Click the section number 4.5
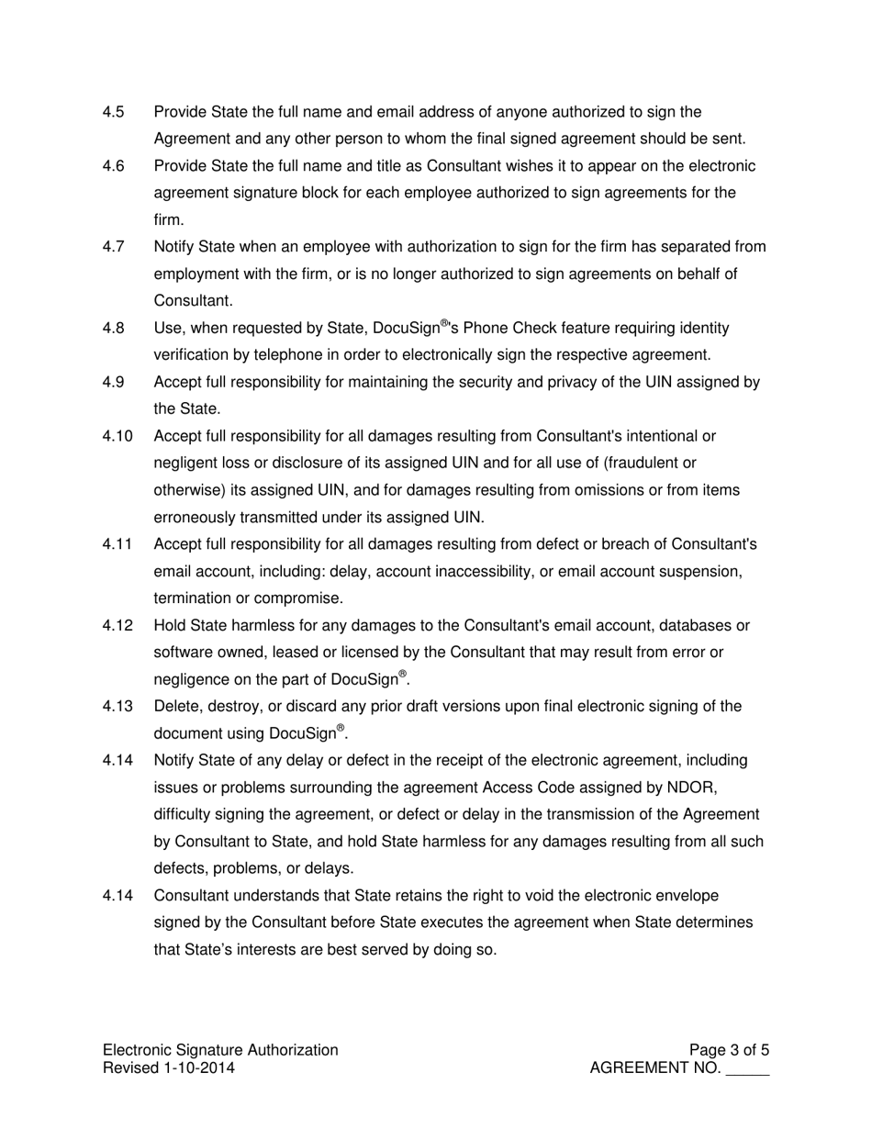[113, 112]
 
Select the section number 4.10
[117, 436]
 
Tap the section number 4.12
[117, 626]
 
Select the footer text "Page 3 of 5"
[729, 1050]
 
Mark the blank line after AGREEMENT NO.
[747, 1070]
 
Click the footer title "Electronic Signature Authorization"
[220, 1050]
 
